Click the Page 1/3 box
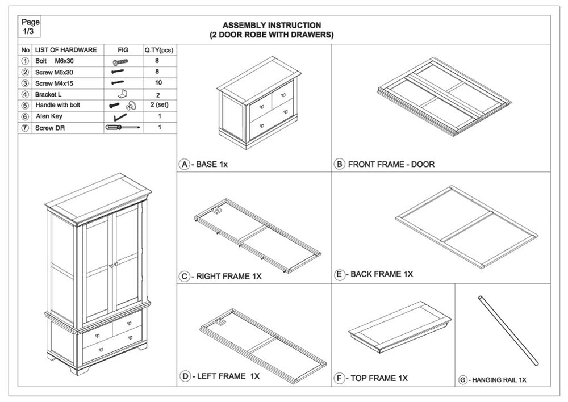click(x=29, y=27)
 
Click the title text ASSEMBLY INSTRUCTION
click(x=272, y=26)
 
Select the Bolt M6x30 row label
click(x=55, y=61)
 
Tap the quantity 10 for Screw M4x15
click(x=158, y=82)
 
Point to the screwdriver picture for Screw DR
click(x=123, y=128)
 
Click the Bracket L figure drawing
click(x=123, y=94)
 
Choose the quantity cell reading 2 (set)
click(x=160, y=105)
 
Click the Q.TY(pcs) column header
click(x=159, y=50)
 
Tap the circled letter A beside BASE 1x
click(x=185, y=165)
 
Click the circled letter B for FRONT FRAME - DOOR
click(x=339, y=164)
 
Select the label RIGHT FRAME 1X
click(x=229, y=277)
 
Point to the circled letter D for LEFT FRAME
click(x=185, y=376)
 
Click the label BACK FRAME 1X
click(x=382, y=274)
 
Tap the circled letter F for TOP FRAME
click(x=339, y=379)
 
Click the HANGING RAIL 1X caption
click(x=499, y=380)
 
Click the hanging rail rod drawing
click(x=508, y=330)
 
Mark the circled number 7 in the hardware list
click(x=25, y=128)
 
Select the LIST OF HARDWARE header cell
click(x=66, y=50)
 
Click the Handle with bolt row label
click(x=57, y=105)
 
